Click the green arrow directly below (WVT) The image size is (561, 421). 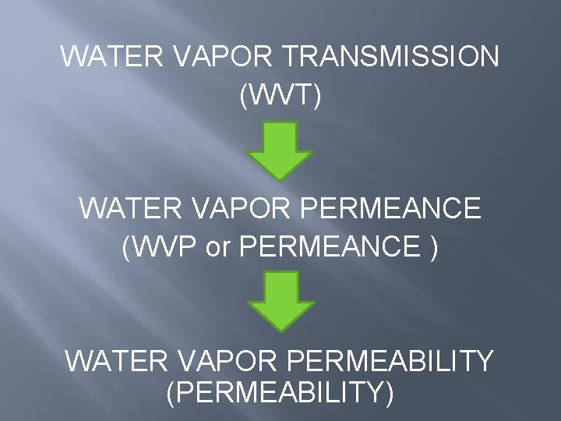tap(280, 150)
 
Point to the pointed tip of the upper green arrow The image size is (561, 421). tap(280, 179)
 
